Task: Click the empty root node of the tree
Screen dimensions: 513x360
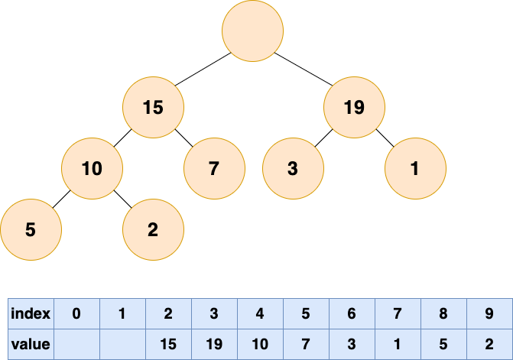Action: click(252, 31)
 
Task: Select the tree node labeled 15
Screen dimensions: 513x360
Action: click(153, 107)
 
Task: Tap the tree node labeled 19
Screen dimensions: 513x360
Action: click(354, 107)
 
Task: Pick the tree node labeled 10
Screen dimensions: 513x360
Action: click(92, 168)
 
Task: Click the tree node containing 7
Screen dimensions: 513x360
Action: click(214, 168)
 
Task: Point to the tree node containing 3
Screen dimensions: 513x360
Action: click(293, 168)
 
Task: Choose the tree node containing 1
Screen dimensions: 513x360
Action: click(415, 168)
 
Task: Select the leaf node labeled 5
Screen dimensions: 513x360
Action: click(31, 229)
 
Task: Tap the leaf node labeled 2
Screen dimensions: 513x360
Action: click(153, 229)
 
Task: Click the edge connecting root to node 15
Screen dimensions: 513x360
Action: click(203, 69)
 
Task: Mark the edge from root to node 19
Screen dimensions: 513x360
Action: click(304, 69)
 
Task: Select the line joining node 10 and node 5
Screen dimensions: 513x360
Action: click(61, 199)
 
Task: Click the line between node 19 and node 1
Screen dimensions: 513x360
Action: click(385, 138)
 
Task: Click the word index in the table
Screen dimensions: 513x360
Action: click(31, 313)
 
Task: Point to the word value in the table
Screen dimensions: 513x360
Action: click(31, 344)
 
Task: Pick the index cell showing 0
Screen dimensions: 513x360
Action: click(77, 313)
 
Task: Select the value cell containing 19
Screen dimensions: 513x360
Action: click(215, 344)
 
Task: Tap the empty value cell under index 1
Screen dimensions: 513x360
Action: click(122, 344)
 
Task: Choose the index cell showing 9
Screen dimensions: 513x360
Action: click(490, 313)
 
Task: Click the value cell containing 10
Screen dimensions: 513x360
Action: click(261, 344)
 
